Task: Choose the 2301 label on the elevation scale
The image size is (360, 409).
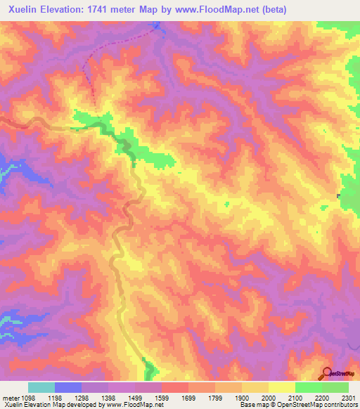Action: click(349, 398)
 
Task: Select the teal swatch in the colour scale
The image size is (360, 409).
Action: click(41, 387)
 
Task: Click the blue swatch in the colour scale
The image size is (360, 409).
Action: click(68, 387)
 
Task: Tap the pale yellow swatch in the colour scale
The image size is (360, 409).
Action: click(282, 387)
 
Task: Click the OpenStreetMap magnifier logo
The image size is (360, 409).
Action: click(328, 372)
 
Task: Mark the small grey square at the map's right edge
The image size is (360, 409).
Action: click(338, 195)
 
